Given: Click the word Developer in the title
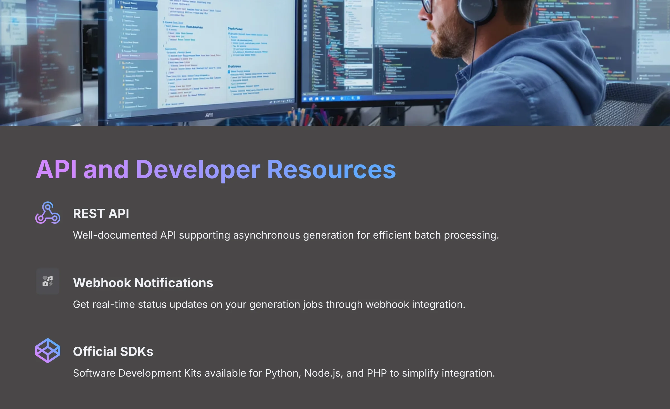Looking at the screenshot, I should (x=198, y=170).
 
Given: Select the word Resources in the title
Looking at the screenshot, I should (x=331, y=170).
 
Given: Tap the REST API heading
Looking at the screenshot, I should (x=101, y=214).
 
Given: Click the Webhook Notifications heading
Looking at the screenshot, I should (x=143, y=283).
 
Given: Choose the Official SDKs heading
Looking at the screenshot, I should (x=113, y=351).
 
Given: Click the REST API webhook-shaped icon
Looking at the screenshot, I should (x=48, y=213).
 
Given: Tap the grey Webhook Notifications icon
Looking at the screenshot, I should (x=48, y=281).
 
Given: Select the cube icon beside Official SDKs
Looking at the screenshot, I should (x=48, y=351).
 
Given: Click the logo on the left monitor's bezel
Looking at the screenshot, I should (x=209, y=115).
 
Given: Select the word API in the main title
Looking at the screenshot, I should (x=56, y=170).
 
